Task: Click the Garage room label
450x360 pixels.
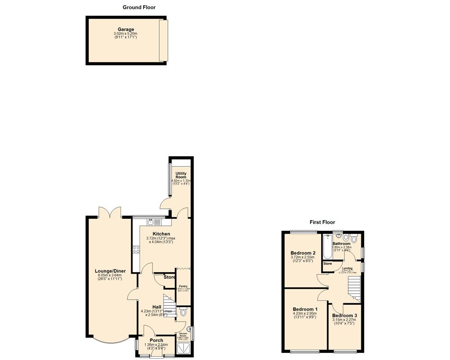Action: (x=126, y=30)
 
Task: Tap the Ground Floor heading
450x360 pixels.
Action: (x=139, y=7)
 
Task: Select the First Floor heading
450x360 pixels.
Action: (x=322, y=222)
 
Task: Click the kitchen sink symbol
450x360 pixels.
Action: (x=153, y=222)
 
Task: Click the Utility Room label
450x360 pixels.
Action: (x=181, y=175)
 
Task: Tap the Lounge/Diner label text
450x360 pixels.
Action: (x=110, y=271)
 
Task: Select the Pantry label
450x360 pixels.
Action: (x=183, y=286)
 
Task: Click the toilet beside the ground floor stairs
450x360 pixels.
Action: (x=182, y=312)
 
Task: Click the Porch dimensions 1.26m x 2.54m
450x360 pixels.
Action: (x=156, y=345)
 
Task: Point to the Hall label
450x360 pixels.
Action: (x=157, y=307)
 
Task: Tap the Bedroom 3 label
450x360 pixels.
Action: (x=345, y=316)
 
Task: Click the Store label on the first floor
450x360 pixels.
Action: (x=327, y=264)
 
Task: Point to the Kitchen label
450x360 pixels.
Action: (x=161, y=234)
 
